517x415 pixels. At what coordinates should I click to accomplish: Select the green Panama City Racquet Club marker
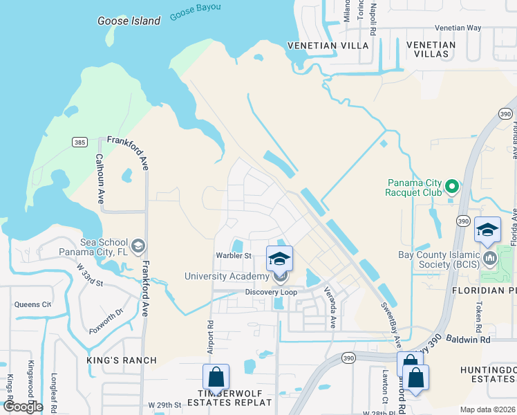pyautogui.click(x=452, y=186)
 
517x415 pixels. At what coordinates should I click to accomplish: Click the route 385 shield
pyautogui.click(x=79, y=142)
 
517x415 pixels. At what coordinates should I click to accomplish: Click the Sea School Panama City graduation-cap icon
pyautogui.click(x=138, y=246)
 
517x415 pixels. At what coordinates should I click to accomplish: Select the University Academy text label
pyautogui.click(x=226, y=277)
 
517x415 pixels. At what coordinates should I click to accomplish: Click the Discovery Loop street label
pyautogui.click(x=271, y=292)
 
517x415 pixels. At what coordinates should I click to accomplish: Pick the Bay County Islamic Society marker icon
pyautogui.click(x=491, y=259)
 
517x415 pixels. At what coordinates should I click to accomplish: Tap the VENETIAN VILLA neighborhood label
pyautogui.click(x=328, y=46)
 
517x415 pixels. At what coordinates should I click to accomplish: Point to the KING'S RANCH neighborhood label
pyautogui.click(x=122, y=360)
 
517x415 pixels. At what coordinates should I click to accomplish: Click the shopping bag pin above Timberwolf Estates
pyautogui.click(x=216, y=378)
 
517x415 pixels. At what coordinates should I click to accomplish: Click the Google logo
pyautogui.click(x=23, y=406)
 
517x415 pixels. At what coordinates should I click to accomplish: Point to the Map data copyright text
pyautogui.click(x=487, y=409)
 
